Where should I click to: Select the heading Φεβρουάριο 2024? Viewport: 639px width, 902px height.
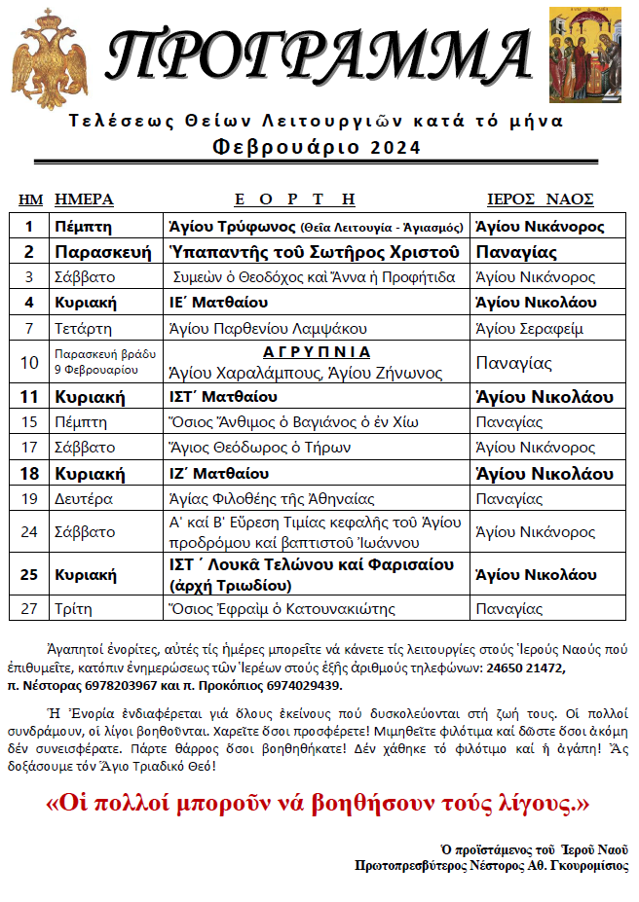click(x=318, y=147)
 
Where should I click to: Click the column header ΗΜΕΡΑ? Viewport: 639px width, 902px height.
click(x=84, y=199)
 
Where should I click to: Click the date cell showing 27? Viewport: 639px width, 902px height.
click(x=29, y=609)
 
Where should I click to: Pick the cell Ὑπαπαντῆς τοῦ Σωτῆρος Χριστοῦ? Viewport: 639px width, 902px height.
click(x=314, y=252)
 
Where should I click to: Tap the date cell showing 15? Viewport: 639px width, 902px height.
click(x=29, y=422)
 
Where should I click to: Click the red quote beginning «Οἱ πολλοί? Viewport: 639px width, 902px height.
click(x=319, y=804)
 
